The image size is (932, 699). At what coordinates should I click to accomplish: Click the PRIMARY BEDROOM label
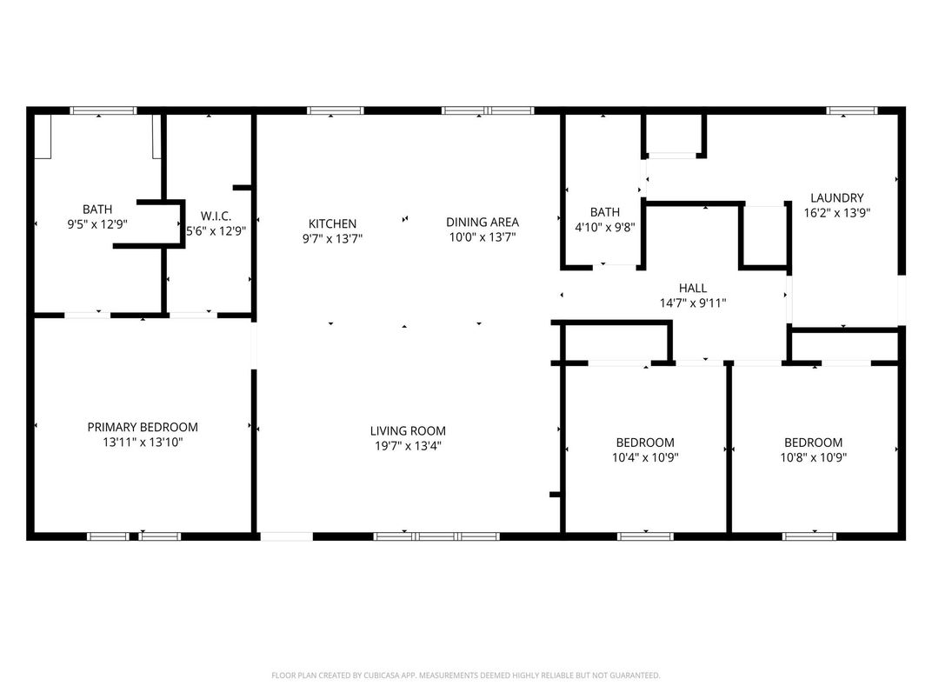pyautogui.click(x=143, y=427)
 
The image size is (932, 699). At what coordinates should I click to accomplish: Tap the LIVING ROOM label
pyautogui.click(x=408, y=431)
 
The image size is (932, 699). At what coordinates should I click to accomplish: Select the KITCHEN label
pyautogui.click(x=332, y=223)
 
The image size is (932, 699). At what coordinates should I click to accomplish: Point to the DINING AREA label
pyautogui.click(x=483, y=222)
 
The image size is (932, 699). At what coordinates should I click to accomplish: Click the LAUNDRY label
pyautogui.click(x=837, y=198)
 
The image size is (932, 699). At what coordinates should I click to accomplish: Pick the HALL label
pyautogui.click(x=693, y=288)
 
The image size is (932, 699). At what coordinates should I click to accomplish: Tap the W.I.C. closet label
pyautogui.click(x=216, y=216)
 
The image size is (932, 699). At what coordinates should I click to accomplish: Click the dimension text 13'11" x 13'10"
pyautogui.click(x=143, y=443)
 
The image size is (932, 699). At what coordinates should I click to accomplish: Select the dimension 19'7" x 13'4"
pyautogui.click(x=408, y=446)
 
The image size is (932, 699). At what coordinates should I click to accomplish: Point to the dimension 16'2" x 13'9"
pyautogui.click(x=837, y=213)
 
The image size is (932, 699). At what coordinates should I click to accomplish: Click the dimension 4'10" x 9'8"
pyautogui.click(x=605, y=227)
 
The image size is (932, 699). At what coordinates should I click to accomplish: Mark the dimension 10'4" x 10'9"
pyautogui.click(x=645, y=457)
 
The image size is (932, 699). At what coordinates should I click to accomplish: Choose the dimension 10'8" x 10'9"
pyautogui.click(x=814, y=457)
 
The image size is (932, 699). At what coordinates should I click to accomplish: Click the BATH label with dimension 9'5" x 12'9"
pyautogui.click(x=97, y=210)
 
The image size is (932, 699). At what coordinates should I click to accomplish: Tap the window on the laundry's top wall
pyautogui.click(x=852, y=110)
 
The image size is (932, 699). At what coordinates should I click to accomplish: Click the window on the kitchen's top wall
pyautogui.click(x=336, y=110)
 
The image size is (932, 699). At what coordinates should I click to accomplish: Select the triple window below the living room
pyautogui.click(x=436, y=536)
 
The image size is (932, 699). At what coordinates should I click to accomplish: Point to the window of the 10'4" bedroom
pyautogui.click(x=645, y=536)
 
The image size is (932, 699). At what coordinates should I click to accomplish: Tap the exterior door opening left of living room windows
pyautogui.click(x=287, y=536)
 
